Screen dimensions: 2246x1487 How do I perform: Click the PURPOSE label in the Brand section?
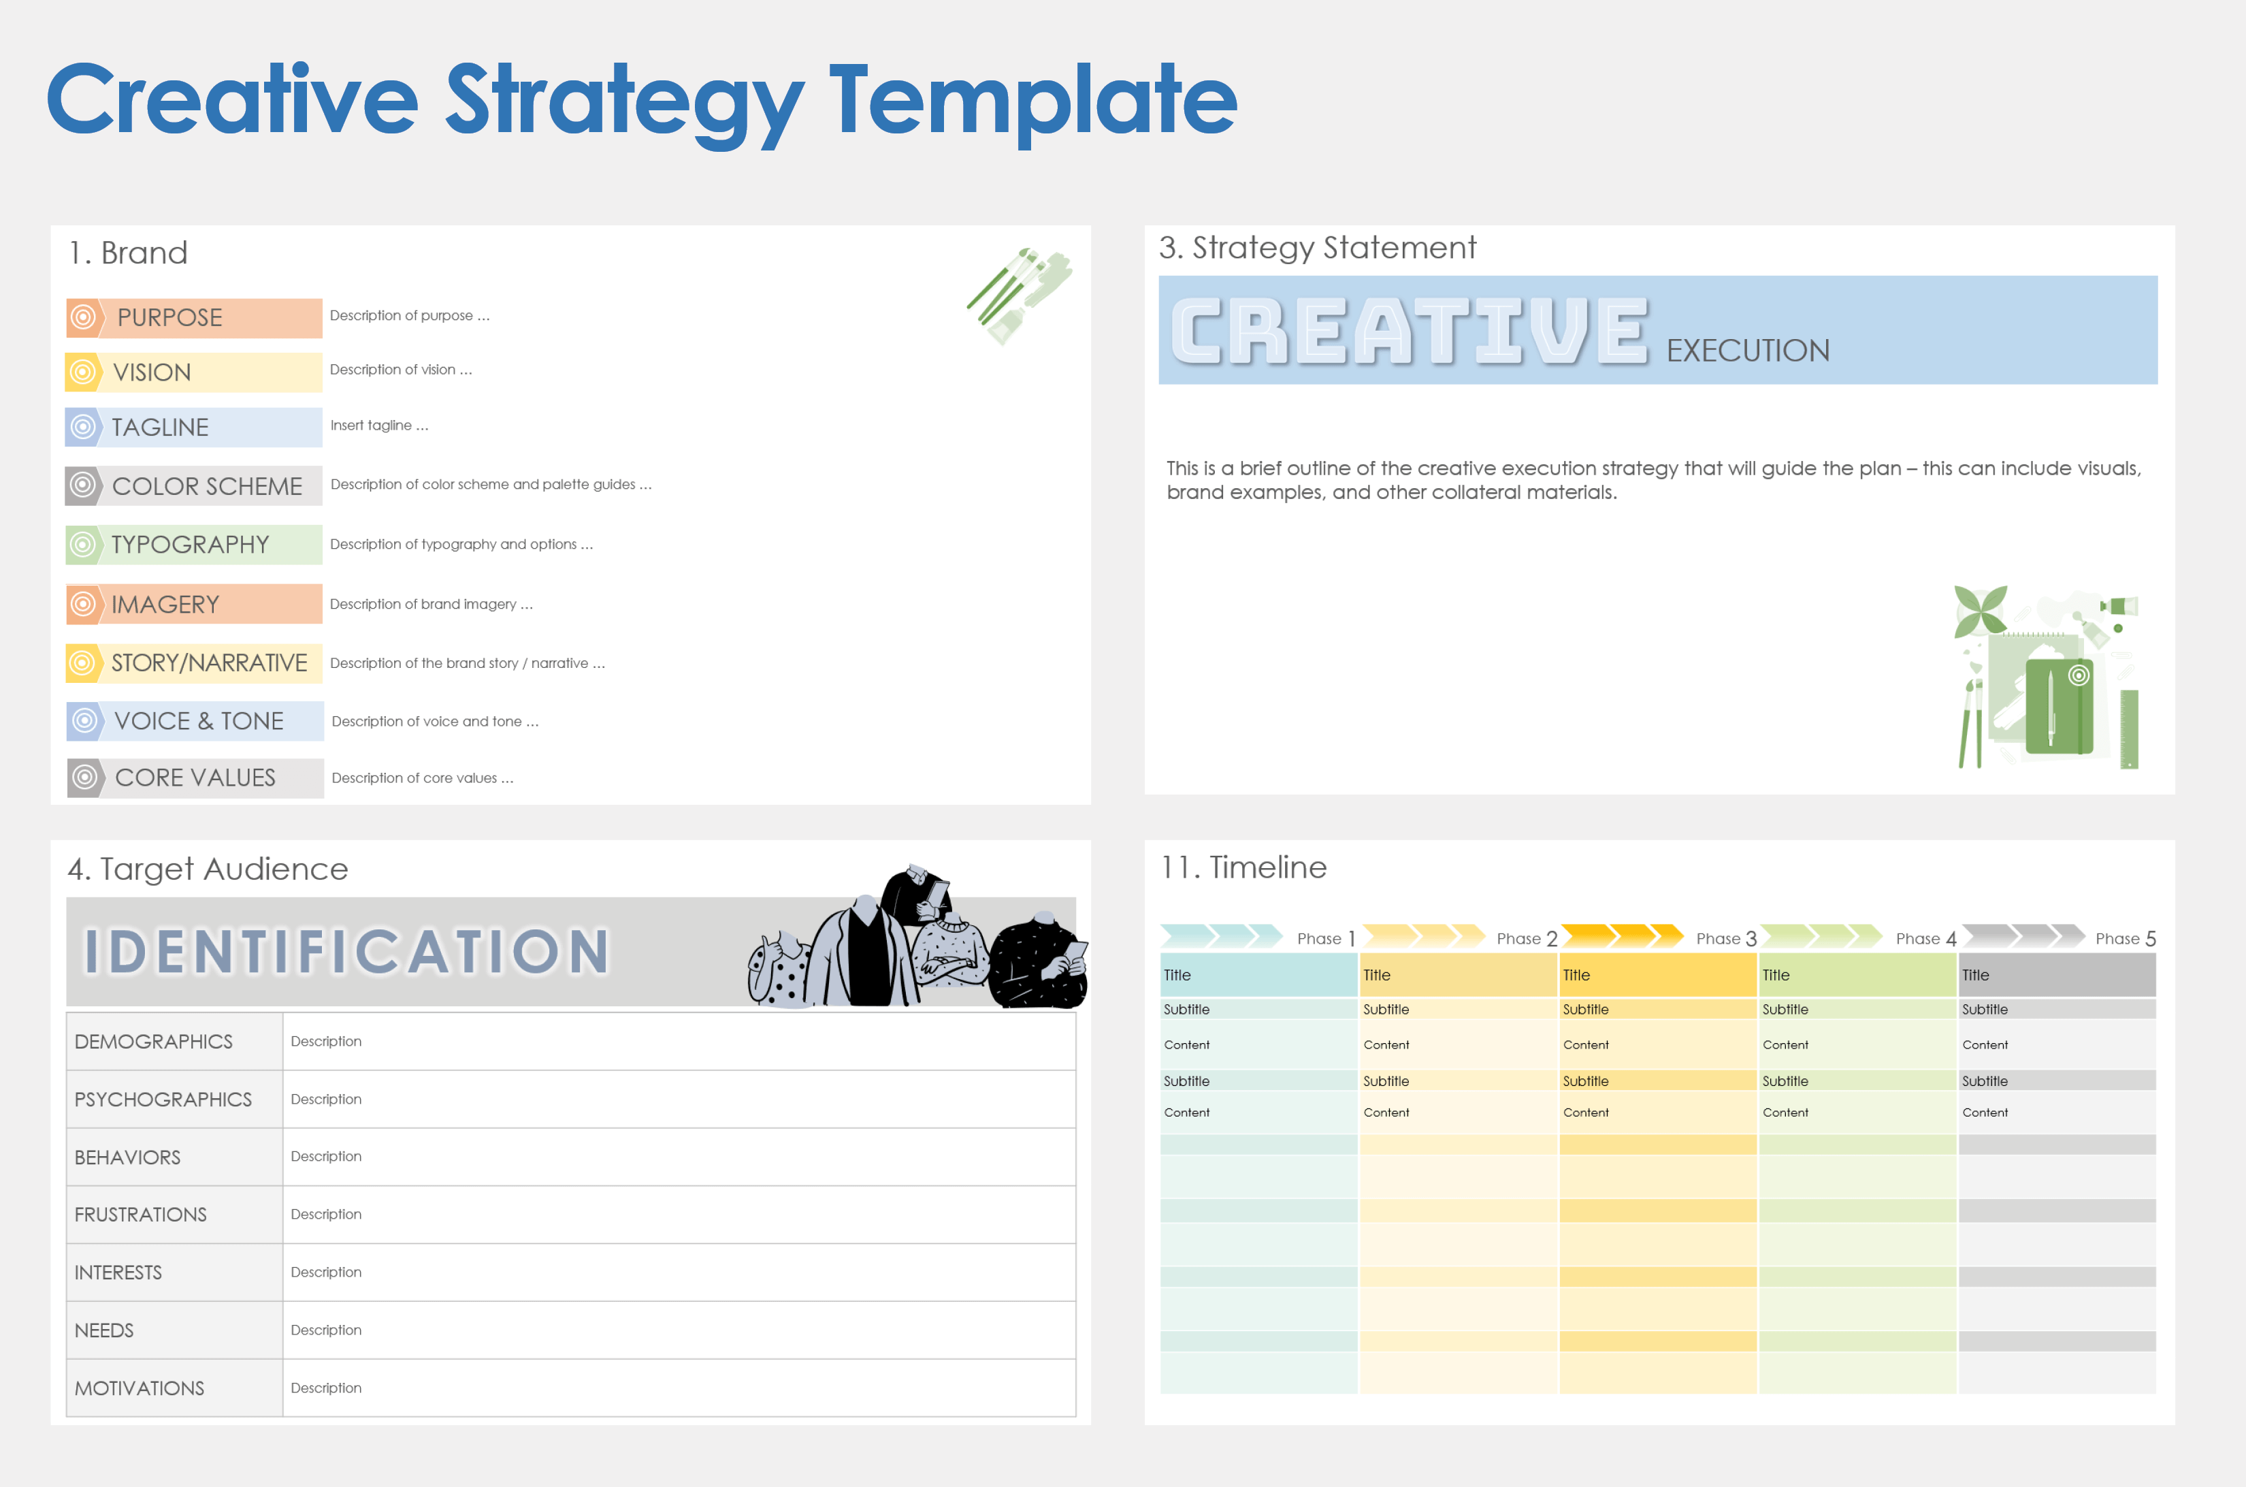point(169,318)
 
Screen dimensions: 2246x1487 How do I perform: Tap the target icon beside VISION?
point(84,372)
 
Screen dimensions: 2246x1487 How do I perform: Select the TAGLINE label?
point(160,428)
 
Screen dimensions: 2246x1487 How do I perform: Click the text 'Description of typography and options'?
point(453,545)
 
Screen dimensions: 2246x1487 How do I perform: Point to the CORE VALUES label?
point(195,778)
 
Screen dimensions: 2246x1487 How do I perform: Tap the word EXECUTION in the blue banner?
point(1747,351)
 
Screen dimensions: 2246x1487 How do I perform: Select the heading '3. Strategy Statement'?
point(1317,248)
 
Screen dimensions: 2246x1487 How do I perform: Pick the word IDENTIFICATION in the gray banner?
point(347,951)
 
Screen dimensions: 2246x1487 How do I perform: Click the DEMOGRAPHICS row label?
point(154,1041)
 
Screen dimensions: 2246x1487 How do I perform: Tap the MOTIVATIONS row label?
point(140,1388)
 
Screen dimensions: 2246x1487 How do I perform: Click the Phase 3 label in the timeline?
point(1727,938)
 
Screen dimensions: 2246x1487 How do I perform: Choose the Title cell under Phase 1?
point(1258,975)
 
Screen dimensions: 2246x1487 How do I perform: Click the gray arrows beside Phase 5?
point(2022,936)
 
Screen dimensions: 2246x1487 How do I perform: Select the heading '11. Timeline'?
point(1244,867)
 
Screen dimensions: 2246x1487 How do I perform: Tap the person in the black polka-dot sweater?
point(1037,963)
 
